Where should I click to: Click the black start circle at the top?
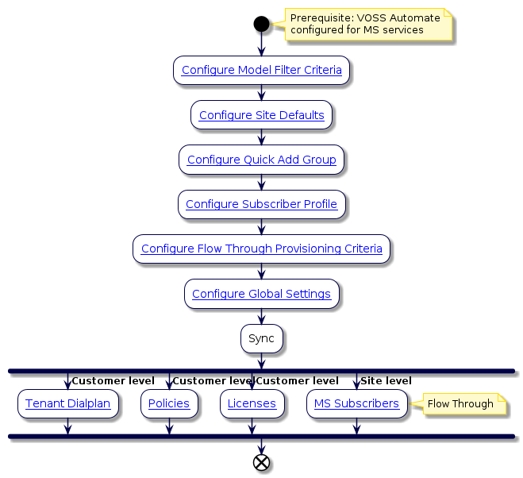pyautogui.click(x=261, y=24)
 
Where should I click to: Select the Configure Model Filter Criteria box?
pyautogui.click(x=261, y=70)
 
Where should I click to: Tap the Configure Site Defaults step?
pyautogui.click(x=261, y=115)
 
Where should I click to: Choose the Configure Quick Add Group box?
pyautogui.click(x=261, y=160)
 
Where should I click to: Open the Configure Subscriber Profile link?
pyautogui.click(x=261, y=204)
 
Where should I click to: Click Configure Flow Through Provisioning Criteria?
pyautogui.click(x=261, y=249)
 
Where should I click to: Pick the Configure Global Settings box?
pyautogui.click(x=261, y=294)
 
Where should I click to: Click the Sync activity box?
pyautogui.click(x=261, y=338)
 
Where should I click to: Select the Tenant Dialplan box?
pyautogui.click(x=67, y=403)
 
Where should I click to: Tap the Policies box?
pyautogui.click(x=168, y=403)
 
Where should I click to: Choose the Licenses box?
pyautogui.click(x=252, y=403)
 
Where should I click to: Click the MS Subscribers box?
pyautogui.click(x=356, y=403)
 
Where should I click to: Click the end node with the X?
pyautogui.click(x=261, y=463)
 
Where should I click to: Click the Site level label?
pyautogui.click(x=386, y=381)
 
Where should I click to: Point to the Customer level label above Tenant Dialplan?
pyautogui.click(x=113, y=381)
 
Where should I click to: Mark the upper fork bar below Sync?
pyautogui.click(x=261, y=371)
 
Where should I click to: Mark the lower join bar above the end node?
pyautogui.click(x=261, y=437)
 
